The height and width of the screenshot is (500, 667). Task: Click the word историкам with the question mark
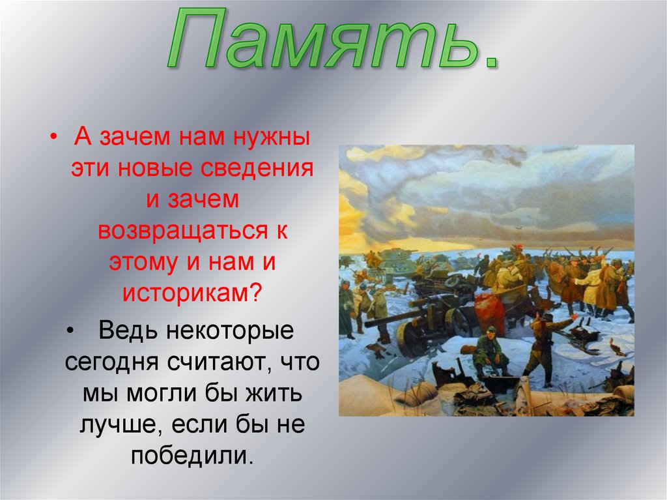pyautogui.click(x=193, y=293)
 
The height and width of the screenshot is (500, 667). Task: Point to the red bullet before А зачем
pyautogui.click(x=53, y=139)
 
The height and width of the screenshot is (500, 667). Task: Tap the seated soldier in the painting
pyautogui.click(x=489, y=353)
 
